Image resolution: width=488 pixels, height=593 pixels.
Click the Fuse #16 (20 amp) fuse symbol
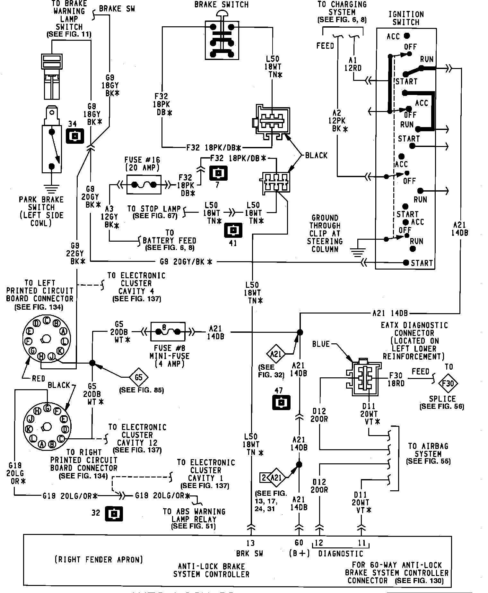[x=144, y=185]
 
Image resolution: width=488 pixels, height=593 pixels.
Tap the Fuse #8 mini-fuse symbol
[x=168, y=332]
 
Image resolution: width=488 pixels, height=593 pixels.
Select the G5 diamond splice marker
[x=138, y=377]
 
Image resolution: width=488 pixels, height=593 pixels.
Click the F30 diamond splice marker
[x=448, y=383]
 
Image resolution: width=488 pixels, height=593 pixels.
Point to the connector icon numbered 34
[x=74, y=136]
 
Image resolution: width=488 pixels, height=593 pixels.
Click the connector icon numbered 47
[x=281, y=402]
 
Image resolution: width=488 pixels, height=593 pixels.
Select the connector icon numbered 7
[x=218, y=173]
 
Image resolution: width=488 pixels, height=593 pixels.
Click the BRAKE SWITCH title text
[x=222, y=5]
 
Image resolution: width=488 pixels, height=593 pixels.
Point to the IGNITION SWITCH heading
[x=406, y=18]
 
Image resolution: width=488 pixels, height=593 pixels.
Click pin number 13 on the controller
[x=250, y=543]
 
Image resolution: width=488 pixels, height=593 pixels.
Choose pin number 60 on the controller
[x=299, y=543]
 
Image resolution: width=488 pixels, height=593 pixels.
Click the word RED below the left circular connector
[x=39, y=379]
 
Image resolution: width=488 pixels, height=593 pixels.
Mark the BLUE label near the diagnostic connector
[x=321, y=344]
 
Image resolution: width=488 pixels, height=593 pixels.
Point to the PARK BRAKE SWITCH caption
[x=41, y=211]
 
